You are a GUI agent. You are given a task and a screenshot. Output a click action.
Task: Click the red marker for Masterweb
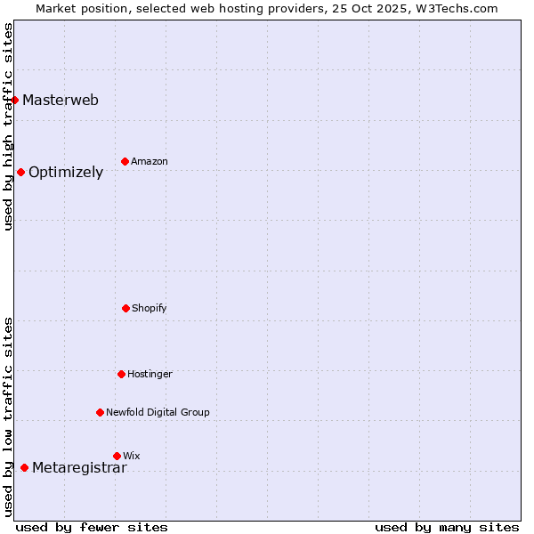point(15,100)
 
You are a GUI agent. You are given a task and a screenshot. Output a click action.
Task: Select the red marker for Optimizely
point(20,172)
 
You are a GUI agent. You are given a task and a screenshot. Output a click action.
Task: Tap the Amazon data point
point(125,161)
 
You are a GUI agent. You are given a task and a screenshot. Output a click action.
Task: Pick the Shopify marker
point(125,308)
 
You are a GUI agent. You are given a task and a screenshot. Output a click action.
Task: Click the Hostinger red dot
point(121,374)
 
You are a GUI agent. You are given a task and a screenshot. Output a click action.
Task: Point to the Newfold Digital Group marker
point(100,412)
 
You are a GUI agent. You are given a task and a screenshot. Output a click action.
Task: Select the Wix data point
point(117,456)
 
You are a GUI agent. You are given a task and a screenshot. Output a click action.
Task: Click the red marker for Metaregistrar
point(24,468)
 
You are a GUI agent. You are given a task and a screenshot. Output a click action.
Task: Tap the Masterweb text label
point(61,100)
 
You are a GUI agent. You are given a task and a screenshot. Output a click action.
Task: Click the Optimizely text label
point(66,173)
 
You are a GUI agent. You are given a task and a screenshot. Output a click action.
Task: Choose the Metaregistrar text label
point(79,468)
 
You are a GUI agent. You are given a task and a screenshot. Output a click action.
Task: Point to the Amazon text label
point(150,161)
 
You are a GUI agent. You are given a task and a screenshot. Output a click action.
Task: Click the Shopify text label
point(150,308)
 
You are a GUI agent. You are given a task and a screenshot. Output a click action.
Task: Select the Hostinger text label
point(150,374)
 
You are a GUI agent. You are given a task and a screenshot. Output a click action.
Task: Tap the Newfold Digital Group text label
point(158,412)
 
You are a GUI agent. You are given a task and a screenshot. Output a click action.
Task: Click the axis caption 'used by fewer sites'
point(92,527)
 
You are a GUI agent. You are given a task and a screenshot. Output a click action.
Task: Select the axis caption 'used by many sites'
point(447,527)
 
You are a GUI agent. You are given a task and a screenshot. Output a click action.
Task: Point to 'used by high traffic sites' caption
point(8,126)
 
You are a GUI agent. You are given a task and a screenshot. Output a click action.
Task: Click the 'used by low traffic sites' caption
point(8,417)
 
